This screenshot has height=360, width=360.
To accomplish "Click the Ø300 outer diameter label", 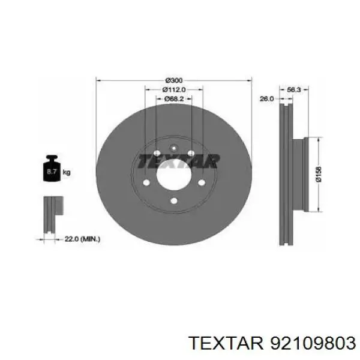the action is [x=174, y=80].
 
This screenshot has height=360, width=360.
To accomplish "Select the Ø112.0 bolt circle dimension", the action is [x=174, y=89].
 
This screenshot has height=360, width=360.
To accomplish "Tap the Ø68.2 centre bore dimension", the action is [x=174, y=99].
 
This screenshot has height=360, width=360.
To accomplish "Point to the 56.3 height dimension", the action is [x=294, y=90].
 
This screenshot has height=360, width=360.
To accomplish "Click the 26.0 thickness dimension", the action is [x=266, y=99].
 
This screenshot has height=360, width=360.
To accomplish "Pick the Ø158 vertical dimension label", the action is [x=319, y=175].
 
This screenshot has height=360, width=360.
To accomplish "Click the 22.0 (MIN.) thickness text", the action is [x=82, y=239].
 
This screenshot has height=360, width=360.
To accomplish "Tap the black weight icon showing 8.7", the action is [x=52, y=168].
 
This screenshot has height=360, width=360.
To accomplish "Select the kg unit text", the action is [x=67, y=172].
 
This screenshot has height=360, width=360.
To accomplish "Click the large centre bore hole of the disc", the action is [x=174, y=175].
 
